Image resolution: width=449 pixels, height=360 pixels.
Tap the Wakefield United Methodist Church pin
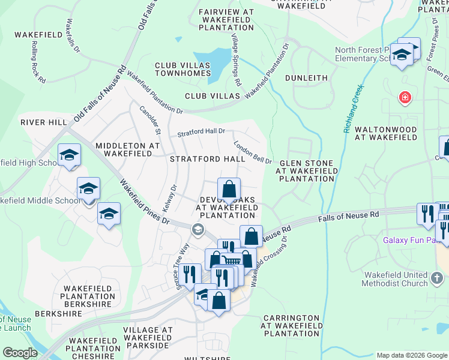pyautogui.click(x=437, y=280)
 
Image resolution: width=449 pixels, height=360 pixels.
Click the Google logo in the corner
pyautogui.click(x=20, y=353)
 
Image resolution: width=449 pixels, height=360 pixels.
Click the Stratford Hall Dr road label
pyautogui.click(x=200, y=132)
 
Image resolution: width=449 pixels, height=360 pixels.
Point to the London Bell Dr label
pyautogui.click(x=253, y=153)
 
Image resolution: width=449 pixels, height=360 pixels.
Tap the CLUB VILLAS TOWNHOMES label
pyautogui.click(x=182, y=69)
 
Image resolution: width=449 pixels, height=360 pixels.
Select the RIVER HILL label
pyautogui.click(x=44, y=122)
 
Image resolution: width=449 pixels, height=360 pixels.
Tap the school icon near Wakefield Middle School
pyautogui.click(x=88, y=188)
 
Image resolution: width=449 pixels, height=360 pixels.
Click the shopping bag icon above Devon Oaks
pyautogui.click(x=229, y=190)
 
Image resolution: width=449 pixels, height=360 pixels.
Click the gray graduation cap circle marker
pyautogui.click(x=197, y=230)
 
